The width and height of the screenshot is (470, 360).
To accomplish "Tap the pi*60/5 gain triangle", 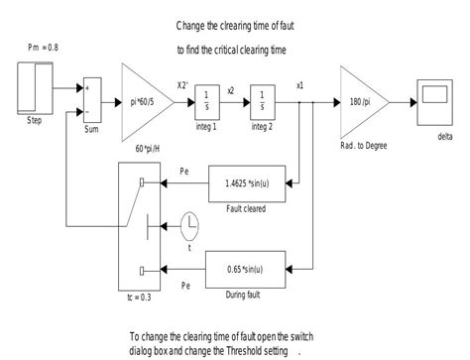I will coord(146,100).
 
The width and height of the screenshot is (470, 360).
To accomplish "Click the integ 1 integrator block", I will coord(205,99).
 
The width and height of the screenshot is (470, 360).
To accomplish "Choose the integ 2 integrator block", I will coord(264,99).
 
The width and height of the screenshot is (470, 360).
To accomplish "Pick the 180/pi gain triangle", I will coord(363,100).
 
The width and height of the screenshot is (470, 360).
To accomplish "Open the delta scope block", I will coord(432,101).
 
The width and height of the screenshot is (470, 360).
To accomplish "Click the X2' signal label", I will coord(183,85).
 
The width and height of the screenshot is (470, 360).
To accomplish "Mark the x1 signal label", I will coord(300,84).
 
